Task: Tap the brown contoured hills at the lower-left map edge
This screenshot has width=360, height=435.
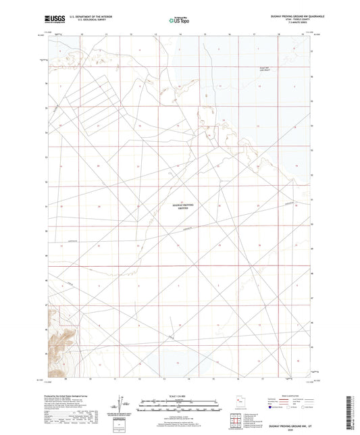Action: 55,338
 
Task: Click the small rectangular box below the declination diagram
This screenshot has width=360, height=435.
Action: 121,421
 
